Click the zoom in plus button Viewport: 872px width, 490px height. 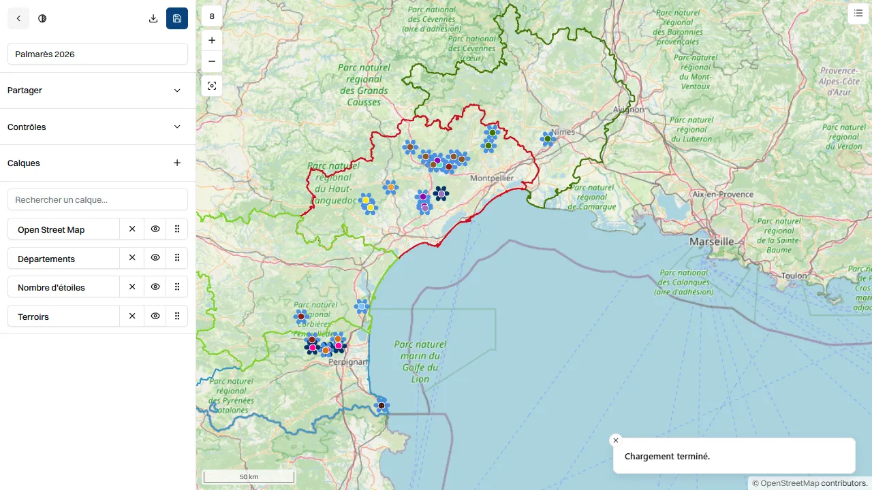point(212,40)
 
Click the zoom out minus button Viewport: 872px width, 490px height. point(212,61)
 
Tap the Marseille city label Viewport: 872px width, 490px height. point(711,242)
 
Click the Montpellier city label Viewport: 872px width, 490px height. point(492,178)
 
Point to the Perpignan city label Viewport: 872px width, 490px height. point(347,362)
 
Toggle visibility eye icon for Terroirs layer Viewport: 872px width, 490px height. point(155,316)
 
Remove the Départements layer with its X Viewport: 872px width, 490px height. point(132,258)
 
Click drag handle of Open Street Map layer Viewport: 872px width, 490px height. point(177,229)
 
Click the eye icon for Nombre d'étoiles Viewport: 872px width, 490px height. point(155,287)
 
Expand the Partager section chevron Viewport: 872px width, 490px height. point(177,91)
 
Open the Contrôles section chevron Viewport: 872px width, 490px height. point(177,127)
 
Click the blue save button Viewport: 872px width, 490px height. point(177,18)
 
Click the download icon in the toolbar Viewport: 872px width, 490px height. point(153,18)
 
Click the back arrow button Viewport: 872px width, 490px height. point(18,18)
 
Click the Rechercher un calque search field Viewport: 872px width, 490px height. point(97,200)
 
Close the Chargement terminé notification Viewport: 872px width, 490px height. point(616,440)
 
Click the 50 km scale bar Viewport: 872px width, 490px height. point(249,476)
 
